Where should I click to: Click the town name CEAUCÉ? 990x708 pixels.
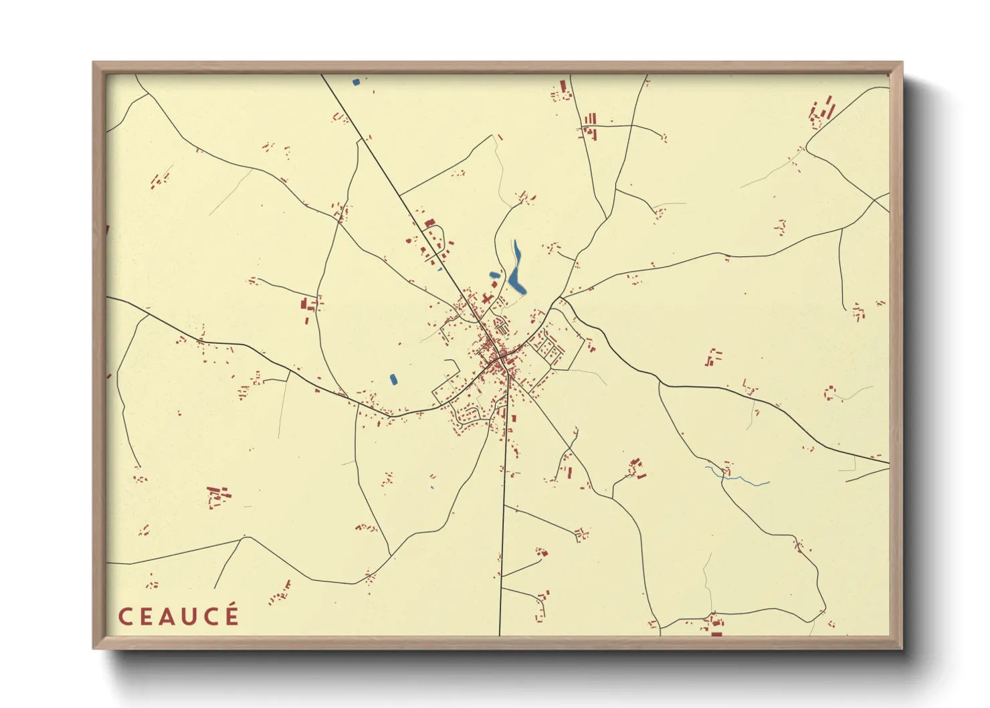(179, 616)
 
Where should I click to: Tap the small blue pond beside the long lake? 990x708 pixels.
(494, 274)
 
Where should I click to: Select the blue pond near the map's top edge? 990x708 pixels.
(356, 82)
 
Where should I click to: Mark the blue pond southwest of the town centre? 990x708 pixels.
(393, 379)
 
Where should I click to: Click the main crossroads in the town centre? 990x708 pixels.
(500, 361)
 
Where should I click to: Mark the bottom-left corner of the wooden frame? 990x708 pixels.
(94, 647)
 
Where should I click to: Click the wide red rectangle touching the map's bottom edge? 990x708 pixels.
(716, 632)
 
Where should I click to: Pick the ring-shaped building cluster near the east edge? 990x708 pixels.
(829, 392)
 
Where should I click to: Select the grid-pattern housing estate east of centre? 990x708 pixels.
(546, 348)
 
